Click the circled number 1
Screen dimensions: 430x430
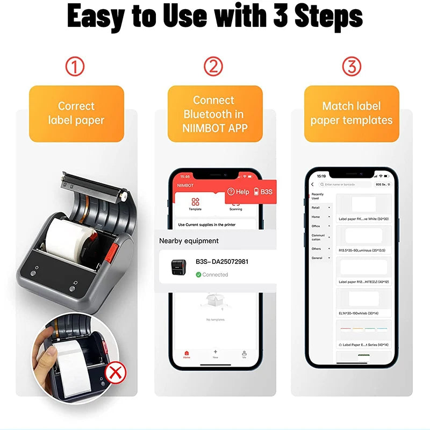click(x=75, y=67)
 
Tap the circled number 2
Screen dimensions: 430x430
click(x=213, y=67)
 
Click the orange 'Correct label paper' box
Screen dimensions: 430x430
click(x=76, y=113)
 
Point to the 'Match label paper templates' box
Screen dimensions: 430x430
click(x=352, y=113)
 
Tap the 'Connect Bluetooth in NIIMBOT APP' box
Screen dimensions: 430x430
click(x=214, y=114)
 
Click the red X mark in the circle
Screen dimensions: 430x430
click(x=114, y=372)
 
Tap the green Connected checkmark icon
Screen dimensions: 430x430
click(x=198, y=275)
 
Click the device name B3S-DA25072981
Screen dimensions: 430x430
click(x=222, y=262)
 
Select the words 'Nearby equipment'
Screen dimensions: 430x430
click(x=189, y=241)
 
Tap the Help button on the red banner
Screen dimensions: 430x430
click(x=238, y=191)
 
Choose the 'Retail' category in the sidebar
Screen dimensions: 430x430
click(x=316, y=207)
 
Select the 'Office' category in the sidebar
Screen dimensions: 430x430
click(x=316, y=226)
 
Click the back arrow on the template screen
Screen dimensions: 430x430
click(x=312, y=184)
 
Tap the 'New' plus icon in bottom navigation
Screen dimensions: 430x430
click(x=216, y=353)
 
